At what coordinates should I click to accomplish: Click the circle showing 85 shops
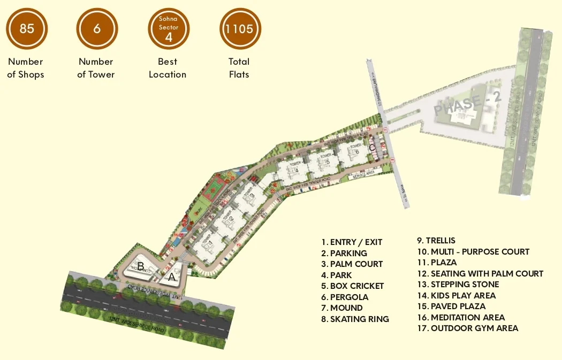[27, 28]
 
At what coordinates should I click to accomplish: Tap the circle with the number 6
[97, 28]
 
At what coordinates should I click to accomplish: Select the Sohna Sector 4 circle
[169, 28]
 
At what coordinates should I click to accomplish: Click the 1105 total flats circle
[240, 28]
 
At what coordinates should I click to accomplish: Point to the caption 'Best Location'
[168, 68]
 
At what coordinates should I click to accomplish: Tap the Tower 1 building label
[209, 243]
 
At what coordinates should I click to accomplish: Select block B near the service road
[140, 266]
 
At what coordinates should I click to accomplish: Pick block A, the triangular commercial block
[171, 277]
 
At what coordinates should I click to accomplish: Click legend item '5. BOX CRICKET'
[353, 286]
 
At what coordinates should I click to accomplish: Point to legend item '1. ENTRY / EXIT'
[352, 242]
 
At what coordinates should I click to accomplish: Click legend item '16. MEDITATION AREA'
[460, 317]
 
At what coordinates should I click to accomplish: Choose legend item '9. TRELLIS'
[436, 241]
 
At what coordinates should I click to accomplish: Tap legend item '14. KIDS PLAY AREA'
[456, 295]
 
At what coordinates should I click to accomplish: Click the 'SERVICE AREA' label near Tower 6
[363, 173]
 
